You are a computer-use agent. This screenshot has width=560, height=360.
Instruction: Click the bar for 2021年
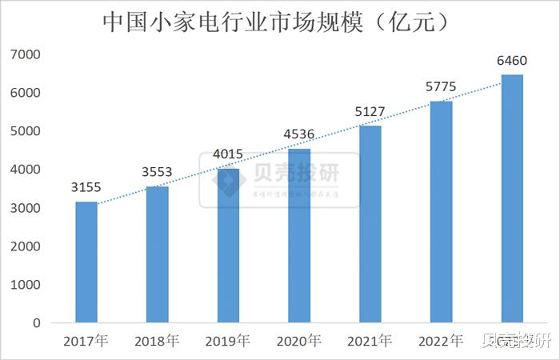pos(370,224)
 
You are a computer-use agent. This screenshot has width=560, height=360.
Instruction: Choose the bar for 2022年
pos(441,212)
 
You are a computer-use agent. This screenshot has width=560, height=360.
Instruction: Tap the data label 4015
pos(228,154)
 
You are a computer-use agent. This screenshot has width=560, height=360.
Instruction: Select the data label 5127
pos(370,112)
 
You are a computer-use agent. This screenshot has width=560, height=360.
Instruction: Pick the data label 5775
pos(441,87)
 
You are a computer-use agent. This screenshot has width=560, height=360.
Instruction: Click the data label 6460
pos(512,61)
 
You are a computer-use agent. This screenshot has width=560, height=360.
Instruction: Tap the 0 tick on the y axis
pos(36,323)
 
